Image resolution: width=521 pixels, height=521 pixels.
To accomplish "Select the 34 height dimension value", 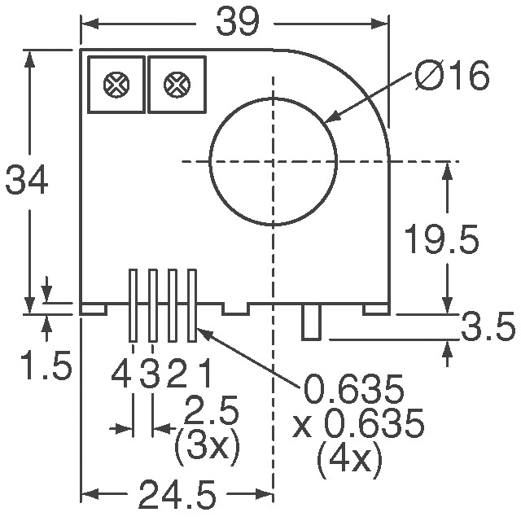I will [x=28, y=181].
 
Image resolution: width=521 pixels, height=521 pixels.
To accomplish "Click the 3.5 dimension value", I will [x=488, y=329].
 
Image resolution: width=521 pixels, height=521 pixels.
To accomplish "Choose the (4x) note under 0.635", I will [x=348, y=462].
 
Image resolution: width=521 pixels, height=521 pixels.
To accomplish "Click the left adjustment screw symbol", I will [x=115, y=84].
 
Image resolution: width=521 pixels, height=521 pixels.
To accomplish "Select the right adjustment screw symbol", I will [x=175, y=84].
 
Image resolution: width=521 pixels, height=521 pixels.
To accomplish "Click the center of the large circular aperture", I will [x=273, y=160].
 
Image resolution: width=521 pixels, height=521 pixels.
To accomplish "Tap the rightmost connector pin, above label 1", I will [x=192, y=305].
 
